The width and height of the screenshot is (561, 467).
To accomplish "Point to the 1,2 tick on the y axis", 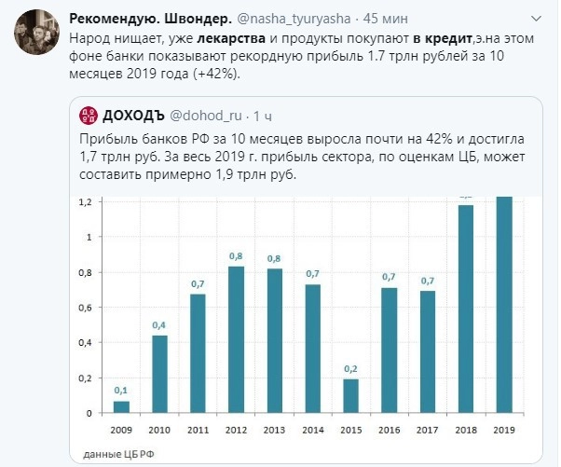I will click(84, 202).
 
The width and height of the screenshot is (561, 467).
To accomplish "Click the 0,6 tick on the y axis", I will click(84, 308).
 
